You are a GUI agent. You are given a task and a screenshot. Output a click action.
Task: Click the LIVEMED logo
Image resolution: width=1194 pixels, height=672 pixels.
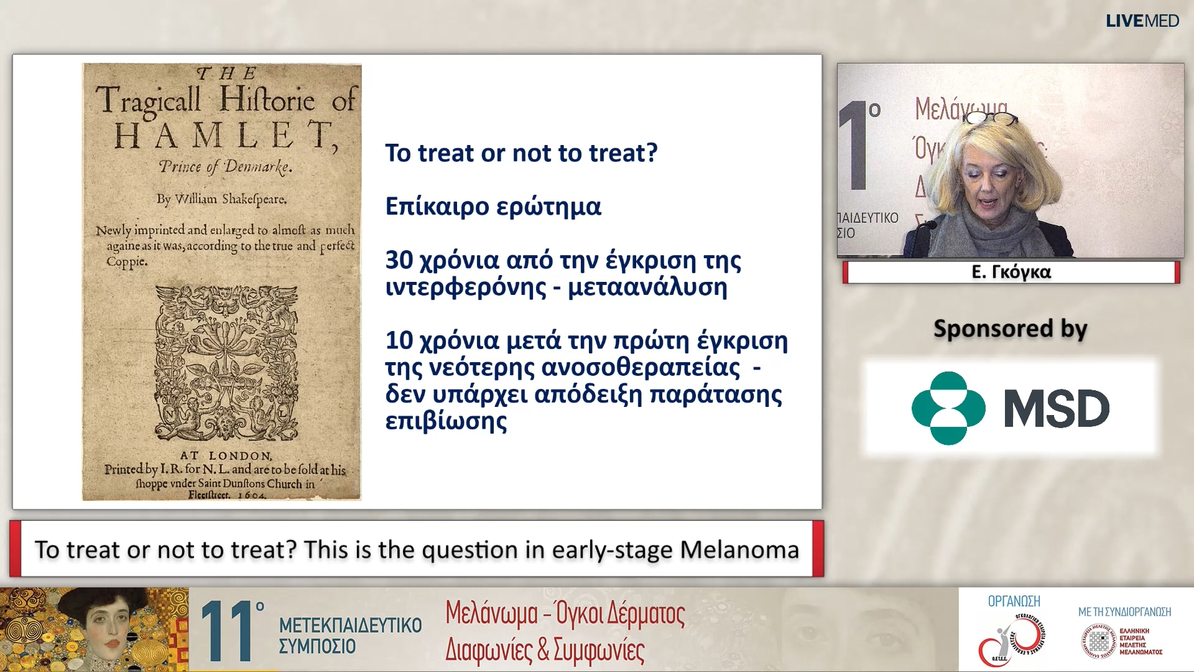(1142, 21)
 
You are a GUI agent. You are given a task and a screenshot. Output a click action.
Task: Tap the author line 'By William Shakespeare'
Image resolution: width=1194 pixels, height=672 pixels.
(221, 199)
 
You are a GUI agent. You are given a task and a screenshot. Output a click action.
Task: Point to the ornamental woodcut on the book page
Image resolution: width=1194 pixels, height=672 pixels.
(226, 363)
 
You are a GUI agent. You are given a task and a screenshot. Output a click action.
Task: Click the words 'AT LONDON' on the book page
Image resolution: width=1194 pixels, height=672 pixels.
(226, 455)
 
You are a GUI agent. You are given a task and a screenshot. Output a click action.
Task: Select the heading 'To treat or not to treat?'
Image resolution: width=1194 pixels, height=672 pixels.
(521, 153)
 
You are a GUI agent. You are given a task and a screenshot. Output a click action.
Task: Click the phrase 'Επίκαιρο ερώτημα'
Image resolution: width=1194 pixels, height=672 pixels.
(493, 207)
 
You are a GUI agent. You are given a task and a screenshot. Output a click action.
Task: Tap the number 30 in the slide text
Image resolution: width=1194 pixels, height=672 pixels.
(399, 260)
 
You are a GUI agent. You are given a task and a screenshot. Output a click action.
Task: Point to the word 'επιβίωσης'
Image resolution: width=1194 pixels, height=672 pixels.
(446, 421)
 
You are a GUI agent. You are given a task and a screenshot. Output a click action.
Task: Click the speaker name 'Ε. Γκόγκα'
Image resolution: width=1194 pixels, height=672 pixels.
(1011, 272)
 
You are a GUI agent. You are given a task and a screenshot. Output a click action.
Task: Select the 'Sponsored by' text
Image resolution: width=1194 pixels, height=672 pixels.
(1010, 329)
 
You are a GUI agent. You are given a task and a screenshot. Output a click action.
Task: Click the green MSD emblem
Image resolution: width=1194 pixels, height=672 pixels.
(948, 408)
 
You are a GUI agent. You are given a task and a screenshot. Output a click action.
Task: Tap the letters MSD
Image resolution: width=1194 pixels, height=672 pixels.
(1057, 409)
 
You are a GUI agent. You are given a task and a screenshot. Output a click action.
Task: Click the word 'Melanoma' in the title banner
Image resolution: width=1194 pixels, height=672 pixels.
(739, 549)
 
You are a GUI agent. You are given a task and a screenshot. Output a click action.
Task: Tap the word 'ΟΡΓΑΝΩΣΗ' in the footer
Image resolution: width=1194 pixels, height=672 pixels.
(1014, 601)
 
